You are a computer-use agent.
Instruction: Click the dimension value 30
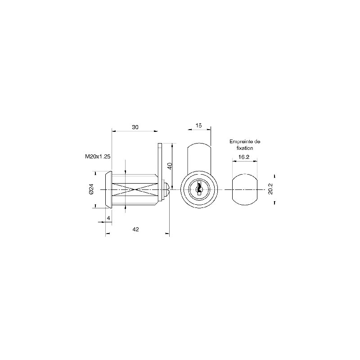[x=135, y=127]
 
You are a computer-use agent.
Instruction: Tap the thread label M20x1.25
[x=98, y=157]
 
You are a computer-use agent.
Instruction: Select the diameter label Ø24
[x=91, y=189]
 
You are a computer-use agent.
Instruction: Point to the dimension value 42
[x=136, y=229]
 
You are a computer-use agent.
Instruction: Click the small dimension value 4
[x=108, y=218]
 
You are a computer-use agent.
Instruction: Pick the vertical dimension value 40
[x=170, y=166]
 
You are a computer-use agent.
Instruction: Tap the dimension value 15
[x=198, y=126]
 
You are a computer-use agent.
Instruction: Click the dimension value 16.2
[x=244, y=157]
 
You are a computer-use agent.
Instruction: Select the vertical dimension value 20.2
[x=270, y=189]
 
